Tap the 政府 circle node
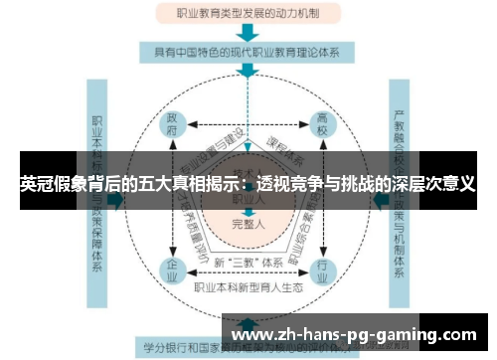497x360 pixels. (173, 124)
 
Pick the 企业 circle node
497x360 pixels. (173, 269)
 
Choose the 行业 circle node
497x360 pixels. (320, 269)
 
